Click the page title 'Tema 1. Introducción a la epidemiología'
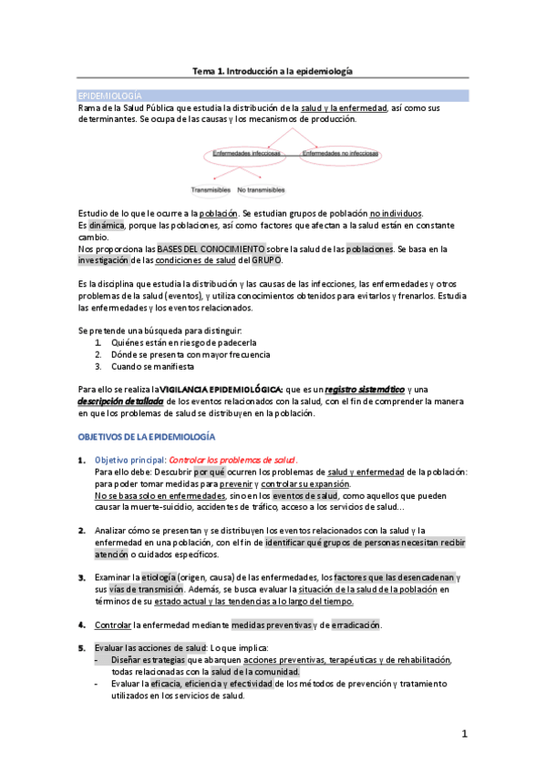coord(273,70)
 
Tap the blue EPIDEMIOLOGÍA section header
coord(109,96)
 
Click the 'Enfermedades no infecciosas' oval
coord(340,154)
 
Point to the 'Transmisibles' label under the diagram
coord(211,190)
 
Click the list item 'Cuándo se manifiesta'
coord(152,366)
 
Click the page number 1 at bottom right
coord(464,734)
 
